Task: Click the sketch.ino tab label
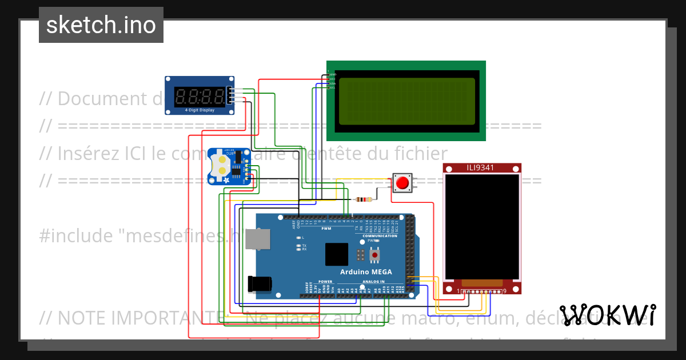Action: (101, 25)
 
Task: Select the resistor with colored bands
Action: (364, 199)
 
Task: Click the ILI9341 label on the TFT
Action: (480, 168)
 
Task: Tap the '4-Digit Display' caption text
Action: (200, 110)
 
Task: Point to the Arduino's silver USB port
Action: (258, 239)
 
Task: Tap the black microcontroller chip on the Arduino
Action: (336, 254)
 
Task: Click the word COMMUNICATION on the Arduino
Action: (380, 235)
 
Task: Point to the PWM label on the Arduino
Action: (326, 229)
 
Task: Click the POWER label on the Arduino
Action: (325, 282)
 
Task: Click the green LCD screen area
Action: (405, 101)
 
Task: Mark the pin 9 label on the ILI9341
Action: (504, 291)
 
